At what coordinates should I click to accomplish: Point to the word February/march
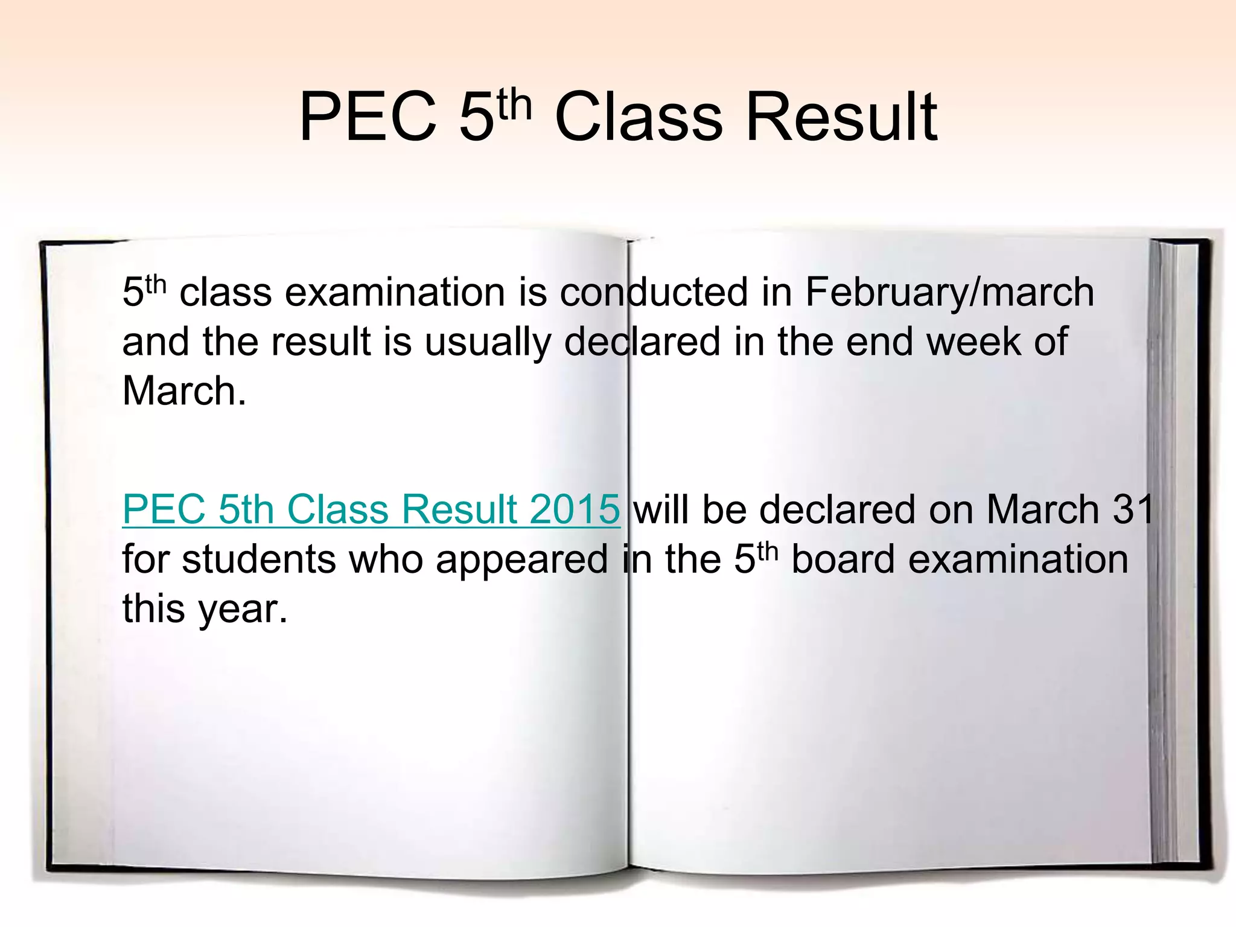(949, 293)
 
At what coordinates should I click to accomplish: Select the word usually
(487, 343)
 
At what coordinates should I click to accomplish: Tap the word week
(973, 342)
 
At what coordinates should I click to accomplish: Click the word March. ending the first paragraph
(184, 391)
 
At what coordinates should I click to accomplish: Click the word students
(259, 559)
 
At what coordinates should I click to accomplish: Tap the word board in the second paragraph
(843, 559)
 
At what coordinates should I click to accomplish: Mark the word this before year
(153, 609)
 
